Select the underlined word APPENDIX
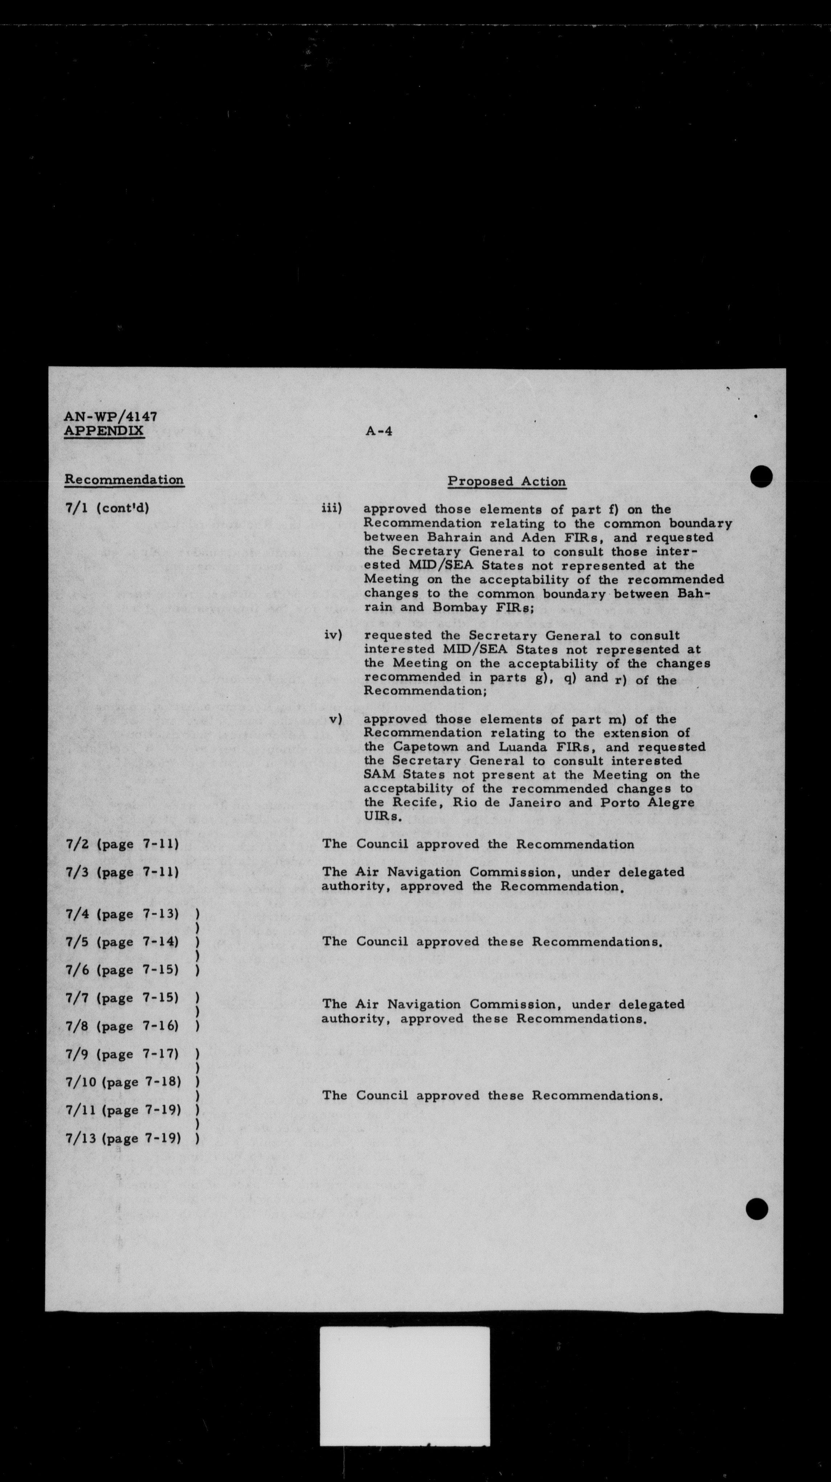coord(104,431)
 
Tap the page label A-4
coord(379,431)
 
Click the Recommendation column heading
coord(124,480)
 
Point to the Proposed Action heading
coord(507,482)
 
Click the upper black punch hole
coord(761,476)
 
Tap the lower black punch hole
coord(757,1209)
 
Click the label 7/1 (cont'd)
coord(107,509)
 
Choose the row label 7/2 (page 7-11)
coord(122,845)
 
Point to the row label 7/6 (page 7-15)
coord(122,970)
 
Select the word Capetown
coord(426,747)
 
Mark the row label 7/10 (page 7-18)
coord(123,1082)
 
